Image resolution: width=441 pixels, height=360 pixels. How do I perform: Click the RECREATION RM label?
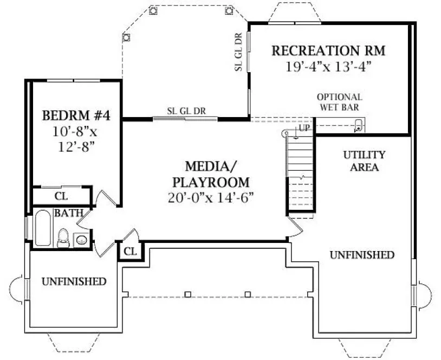pos(328,51)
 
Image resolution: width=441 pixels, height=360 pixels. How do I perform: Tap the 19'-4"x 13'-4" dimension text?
pos(328,67)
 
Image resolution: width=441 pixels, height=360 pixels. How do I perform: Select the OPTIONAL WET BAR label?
pos(340,102)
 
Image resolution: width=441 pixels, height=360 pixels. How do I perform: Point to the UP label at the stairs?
pos(304,128)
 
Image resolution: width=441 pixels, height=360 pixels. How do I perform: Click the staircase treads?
pos(300,171)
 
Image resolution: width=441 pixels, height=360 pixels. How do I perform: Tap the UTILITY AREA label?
pos(364,160)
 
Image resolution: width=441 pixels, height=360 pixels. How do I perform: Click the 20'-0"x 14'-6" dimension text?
pos(211,196)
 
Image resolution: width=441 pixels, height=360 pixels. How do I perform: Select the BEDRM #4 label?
pos(76,116)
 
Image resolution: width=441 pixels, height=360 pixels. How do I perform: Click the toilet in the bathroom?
pos(63,237)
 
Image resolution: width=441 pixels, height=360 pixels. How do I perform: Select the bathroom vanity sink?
pos(81,239)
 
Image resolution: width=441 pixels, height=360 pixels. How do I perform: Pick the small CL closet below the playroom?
pos(130,252)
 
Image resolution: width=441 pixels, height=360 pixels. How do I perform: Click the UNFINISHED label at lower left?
pos(74,281)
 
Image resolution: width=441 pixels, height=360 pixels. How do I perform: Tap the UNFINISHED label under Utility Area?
pos(362,255)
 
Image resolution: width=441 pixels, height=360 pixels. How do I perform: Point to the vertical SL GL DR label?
pos(238,52)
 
